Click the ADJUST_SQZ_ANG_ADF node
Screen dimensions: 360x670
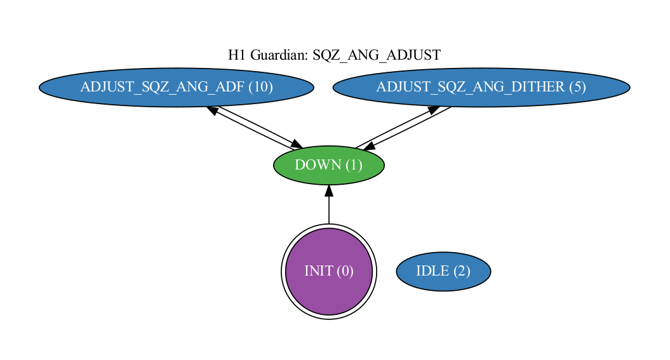176,88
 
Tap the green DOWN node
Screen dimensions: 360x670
328,166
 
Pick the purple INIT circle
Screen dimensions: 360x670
328,271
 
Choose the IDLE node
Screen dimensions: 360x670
443,271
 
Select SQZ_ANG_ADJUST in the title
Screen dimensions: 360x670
377,55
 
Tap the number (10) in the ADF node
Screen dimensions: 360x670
260,87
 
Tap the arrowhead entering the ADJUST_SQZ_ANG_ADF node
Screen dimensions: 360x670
213,110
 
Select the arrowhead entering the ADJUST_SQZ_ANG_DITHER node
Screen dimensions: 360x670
434,110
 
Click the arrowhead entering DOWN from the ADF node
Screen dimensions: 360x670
298,145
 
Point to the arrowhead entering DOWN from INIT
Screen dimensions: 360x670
329,190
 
